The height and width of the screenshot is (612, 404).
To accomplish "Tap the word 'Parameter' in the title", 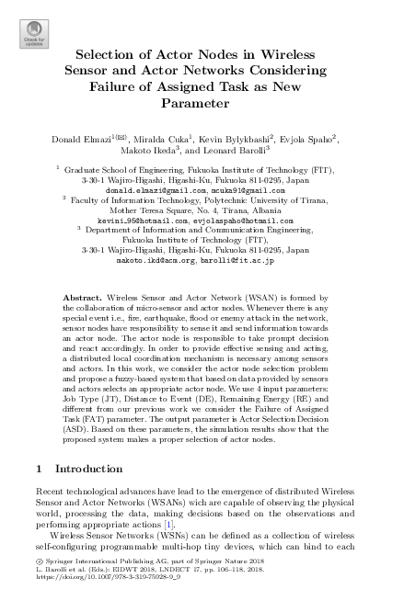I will click(202, 104).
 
